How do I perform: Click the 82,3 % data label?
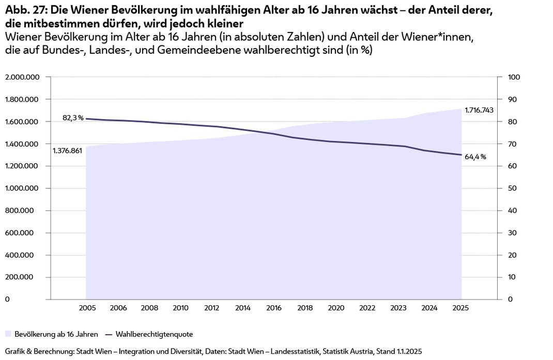(73, 118)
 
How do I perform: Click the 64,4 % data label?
(475, 157)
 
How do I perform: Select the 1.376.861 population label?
(68, 151)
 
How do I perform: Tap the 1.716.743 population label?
(479, 110)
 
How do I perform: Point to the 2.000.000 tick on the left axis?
(22, 77)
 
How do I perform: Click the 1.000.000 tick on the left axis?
(22, 189)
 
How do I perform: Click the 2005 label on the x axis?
(87, 308)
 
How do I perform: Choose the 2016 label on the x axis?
(274, 308)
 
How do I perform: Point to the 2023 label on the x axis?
(398, 308)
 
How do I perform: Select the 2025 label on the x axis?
(460, 308)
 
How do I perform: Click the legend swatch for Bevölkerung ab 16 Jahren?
(8, 334)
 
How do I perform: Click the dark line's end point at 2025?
(461, 155)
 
